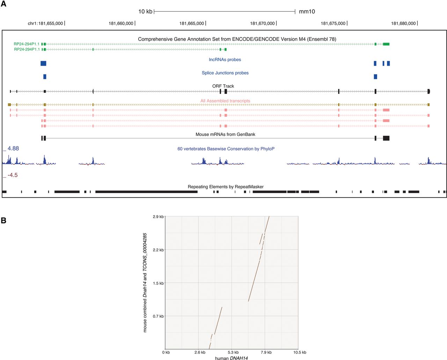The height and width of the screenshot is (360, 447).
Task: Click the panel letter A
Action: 3,4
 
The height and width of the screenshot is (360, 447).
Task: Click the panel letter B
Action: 3,221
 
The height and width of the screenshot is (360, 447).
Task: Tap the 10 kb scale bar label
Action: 145,12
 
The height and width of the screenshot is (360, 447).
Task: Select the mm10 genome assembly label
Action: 307,12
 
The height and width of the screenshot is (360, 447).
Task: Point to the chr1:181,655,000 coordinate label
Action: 45,23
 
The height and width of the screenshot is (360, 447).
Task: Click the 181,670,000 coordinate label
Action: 262,23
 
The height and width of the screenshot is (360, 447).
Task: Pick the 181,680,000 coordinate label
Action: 403,23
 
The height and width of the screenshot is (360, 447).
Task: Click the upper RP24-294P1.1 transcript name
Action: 27,44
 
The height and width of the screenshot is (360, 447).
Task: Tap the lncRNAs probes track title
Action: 225,60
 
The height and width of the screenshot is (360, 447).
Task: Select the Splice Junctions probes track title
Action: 225,73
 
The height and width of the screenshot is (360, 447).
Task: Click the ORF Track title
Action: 223,86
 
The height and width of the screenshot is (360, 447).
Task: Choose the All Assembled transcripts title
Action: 225,101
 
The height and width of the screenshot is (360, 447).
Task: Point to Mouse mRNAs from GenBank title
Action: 225,134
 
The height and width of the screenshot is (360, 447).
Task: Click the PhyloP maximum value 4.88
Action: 13,148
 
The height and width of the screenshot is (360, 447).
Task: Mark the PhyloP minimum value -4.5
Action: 13,175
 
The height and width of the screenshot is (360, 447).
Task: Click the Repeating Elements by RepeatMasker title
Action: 226,187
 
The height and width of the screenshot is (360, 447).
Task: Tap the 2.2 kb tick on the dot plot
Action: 158,250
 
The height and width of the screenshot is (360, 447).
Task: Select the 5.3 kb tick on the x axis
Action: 233,352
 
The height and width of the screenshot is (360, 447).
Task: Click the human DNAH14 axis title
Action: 231,358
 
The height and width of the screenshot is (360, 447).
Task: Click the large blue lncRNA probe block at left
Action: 43,63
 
